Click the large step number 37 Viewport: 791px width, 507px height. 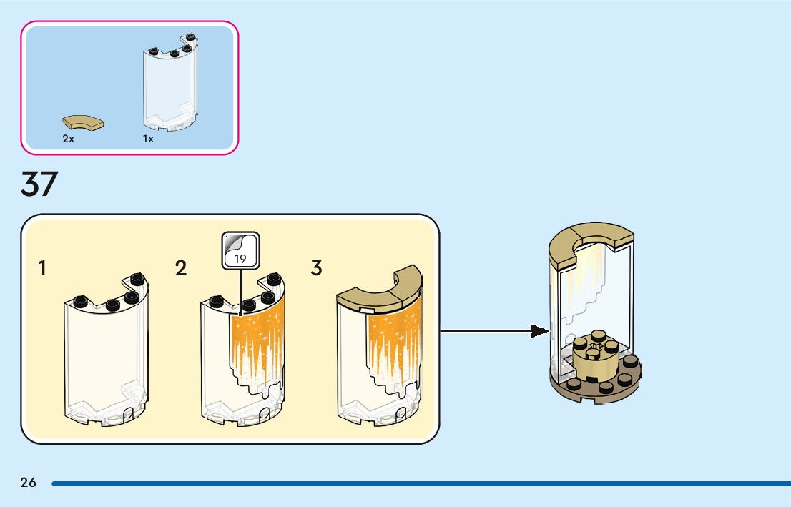pyautogui.click(x=39, y=184)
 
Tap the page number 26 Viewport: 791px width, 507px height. pyautogui.click(x=29, y=482)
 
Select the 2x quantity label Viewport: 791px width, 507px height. pyautogui.click(x=68, y=139)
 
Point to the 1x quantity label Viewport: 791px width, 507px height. pyautogui.click(x=148, y=139)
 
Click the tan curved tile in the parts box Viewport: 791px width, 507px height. pyautogui.click(x=83, y=122)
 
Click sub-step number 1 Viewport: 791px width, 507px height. pyautogui.click(x=42, y=268)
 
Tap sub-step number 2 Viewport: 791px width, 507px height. pyautogui.click(x=181, y=268)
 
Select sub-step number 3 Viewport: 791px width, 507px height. pyautogui.click(x=316, y=268)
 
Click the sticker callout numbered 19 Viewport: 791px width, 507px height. pyautogui.click(x=240, y=250)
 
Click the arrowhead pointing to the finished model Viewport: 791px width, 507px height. pyautogui.click(x=540, y=331)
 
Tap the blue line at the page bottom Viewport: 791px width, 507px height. pyautogui.click(x=421, y=484)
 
